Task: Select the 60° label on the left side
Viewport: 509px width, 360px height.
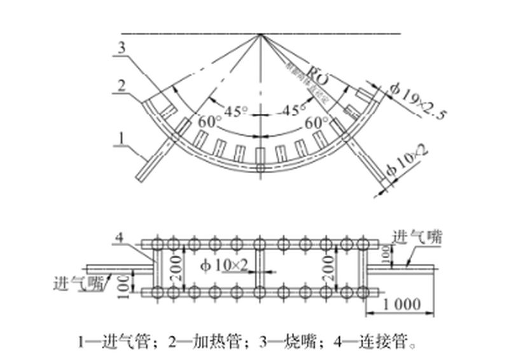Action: (209, 121)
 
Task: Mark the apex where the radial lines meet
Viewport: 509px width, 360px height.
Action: (260, 34)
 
